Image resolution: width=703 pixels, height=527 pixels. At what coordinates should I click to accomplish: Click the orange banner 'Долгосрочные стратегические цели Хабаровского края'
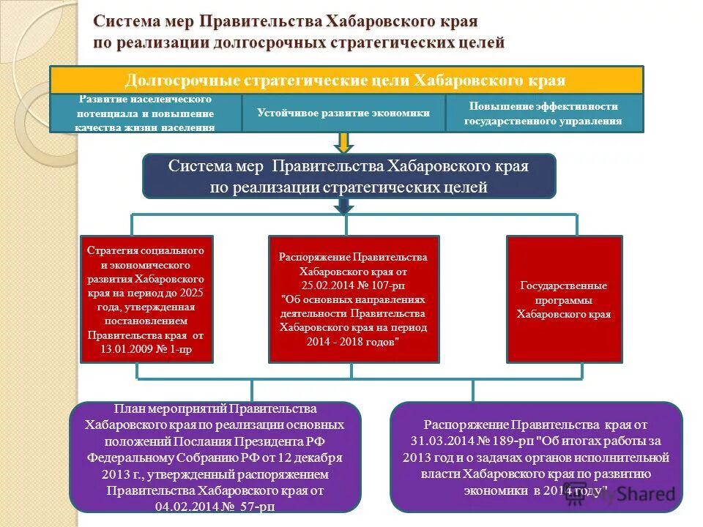[x=346, y=80]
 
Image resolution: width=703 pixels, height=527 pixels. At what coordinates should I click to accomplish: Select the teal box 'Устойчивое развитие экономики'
[x=343, y=113]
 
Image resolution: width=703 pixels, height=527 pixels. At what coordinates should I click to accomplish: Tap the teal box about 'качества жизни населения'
[x=145, y=113]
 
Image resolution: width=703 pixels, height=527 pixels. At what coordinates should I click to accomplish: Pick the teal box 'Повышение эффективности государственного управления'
[x=543, y=113]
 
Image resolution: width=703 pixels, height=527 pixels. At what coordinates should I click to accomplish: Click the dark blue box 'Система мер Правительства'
[x=349, y=176]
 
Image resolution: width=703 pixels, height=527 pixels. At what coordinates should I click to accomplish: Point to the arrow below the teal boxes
[x=343, y=142]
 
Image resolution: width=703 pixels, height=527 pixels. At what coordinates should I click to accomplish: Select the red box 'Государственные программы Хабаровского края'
[x=564, y=299]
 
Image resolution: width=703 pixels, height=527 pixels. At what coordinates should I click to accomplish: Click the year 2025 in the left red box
[x=192, y=293]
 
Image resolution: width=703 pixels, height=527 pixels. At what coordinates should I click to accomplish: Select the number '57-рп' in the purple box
[x=246, y=506]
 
